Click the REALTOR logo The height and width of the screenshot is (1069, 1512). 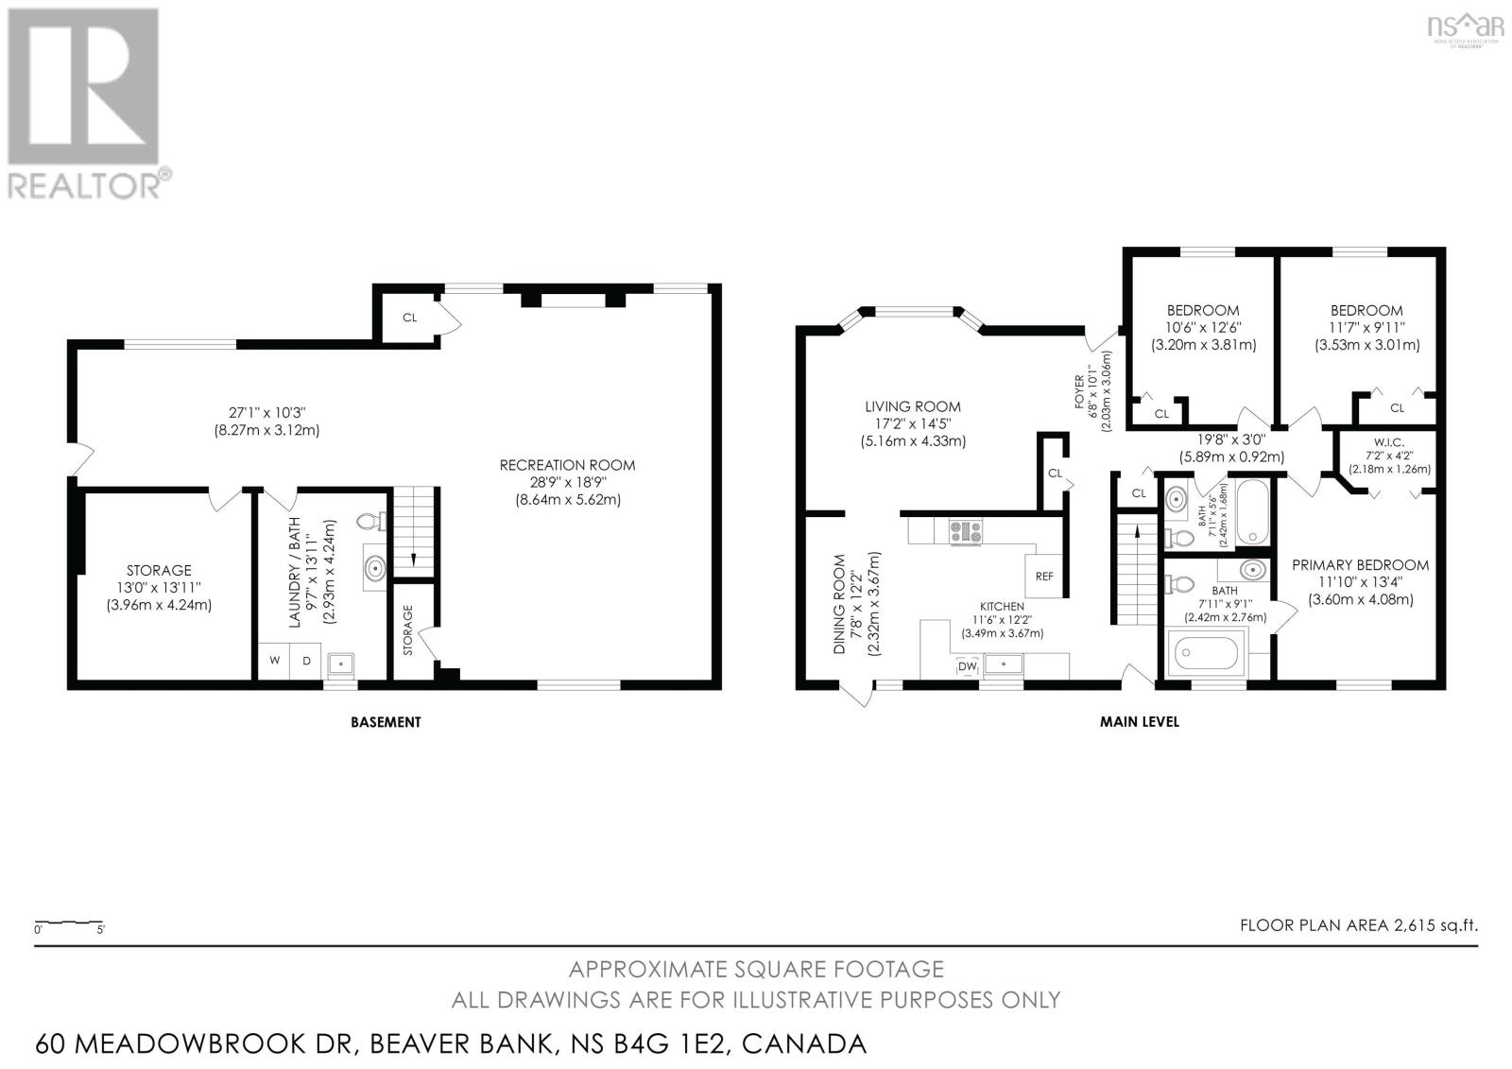(x=89, y=104)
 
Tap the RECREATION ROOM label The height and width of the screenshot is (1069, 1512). (x=567, y=465)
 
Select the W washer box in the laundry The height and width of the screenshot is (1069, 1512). (x=275, y=661)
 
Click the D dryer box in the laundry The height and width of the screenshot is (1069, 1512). (x=306, y=661)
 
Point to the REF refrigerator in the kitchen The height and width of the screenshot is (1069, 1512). (x=1044, y=576)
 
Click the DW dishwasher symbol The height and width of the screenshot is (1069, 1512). (x=968, y=666)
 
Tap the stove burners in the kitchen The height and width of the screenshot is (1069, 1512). (x=966, y=531)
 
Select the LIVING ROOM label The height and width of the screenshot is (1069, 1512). (x=913, y=406)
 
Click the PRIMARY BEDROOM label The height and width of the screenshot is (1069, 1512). (x=1360, y=565)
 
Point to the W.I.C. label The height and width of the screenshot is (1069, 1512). (x=1390, y=442)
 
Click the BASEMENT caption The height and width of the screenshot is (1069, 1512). (x=386, y=722)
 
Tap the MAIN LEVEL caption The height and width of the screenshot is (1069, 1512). (x=1140, y=722)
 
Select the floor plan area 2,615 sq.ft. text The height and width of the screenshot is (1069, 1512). (x=1359, y=925)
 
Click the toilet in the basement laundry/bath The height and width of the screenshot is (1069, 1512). (x=369, y=522)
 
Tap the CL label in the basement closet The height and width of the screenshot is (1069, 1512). (x=410, y=318)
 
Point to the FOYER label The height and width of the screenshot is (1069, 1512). (x=1079, y=391)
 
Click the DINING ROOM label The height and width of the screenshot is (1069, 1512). (x=839, y=604)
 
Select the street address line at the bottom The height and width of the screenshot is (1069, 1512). (x=451, y=1043)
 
